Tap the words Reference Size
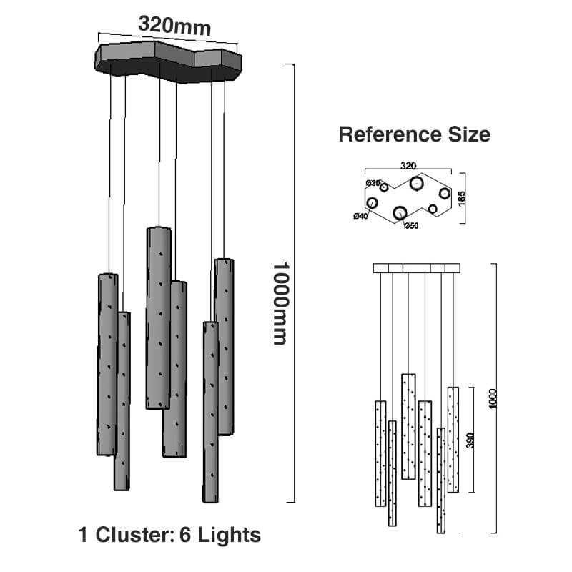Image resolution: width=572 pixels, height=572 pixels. [x=414, y=134]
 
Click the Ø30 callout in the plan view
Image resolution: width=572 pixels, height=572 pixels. [x=373, y=184]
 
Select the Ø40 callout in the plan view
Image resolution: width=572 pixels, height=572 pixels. [x=360, y=216]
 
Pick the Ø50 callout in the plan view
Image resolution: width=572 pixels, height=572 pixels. [x=410, y=227]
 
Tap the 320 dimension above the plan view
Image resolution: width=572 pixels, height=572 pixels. [x=408, y=165]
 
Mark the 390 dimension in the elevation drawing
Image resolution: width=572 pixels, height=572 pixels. [x=470, y=440]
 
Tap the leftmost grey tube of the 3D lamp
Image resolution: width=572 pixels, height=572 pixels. [x=107, y=364]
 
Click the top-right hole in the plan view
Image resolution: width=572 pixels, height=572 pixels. [x=445, y=193]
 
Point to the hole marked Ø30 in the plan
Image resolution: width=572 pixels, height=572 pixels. [x=384, y=187]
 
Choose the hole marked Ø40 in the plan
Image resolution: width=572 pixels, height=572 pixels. [x=372, y=203]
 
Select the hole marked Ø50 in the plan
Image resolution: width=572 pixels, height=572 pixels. [x=400, y=212]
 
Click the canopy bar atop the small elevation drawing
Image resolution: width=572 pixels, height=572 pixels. [x=417, y=268]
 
